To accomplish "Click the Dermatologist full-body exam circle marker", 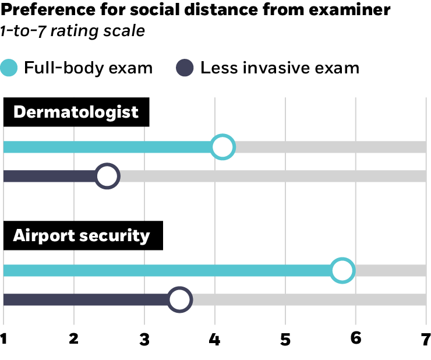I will pyautogui.click(x=222, y=147).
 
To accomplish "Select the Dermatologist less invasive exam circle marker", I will pyautogui.click(x=107, y=176).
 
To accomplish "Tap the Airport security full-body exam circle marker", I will pyautogui.click(x=342, y=270).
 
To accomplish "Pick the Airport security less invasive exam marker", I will pyautogui.click(x=180, y=299).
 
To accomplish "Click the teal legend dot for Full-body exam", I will pyautogui.click(x=10, y=68).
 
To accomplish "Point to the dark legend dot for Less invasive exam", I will pyautogui.click(x=185, y=68).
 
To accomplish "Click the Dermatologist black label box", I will pyautogui.click(x=76, y=112).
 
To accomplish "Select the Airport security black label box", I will pyautogui.click(x=82, y=235).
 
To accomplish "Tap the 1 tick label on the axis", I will pyautogui.click(x=4, y=339).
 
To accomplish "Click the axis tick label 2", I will pyautogui.click(x=74, y=339).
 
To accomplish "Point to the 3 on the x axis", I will pyautogui.click(x=144, y=339).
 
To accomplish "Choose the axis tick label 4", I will pyautogui.click(x=215, y=339).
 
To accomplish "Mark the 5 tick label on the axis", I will pyautogui.click(x=285, y=339).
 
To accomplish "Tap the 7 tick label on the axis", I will pyautogui.click(x=426, y=339).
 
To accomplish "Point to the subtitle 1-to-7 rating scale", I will pyautogui.click(x=72, y=30).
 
